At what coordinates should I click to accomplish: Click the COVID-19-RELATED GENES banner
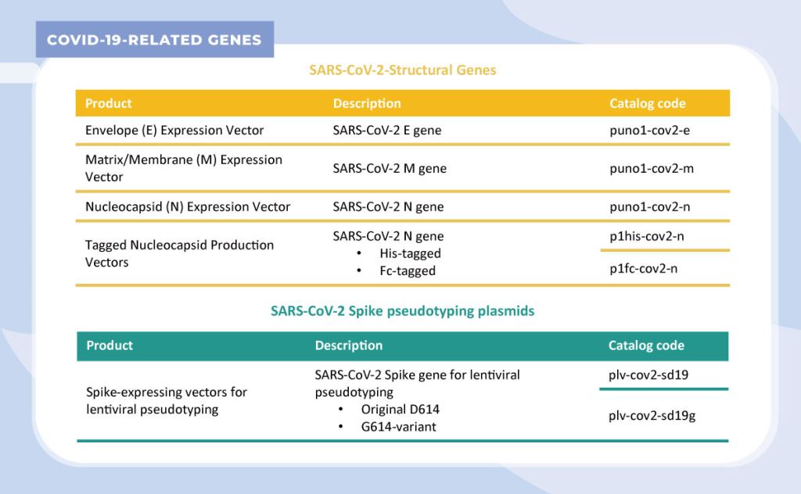(155, 39)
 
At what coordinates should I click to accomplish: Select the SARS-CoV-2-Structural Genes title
(403, 70)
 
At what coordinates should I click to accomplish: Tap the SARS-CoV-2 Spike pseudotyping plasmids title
(403, 311)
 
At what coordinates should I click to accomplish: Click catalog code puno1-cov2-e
(649, 130)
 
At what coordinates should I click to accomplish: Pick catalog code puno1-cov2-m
(652, 168)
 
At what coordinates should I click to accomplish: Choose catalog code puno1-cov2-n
(649, 206)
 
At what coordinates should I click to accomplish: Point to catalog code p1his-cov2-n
(647, 236)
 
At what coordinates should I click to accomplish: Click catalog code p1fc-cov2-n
(643, 268)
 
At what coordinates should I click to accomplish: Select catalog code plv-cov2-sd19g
(652, 416)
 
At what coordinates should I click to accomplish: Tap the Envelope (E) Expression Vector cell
(174, 131)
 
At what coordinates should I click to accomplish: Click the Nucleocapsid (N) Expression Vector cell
(188, 206)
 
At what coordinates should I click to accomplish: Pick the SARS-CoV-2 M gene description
(390, 168)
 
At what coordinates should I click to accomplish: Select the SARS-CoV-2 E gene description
(386, 130)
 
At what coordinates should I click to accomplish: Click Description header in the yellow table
(367, 104)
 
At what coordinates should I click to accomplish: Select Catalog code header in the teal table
(646, 345)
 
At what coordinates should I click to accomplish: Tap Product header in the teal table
(110, 345)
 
